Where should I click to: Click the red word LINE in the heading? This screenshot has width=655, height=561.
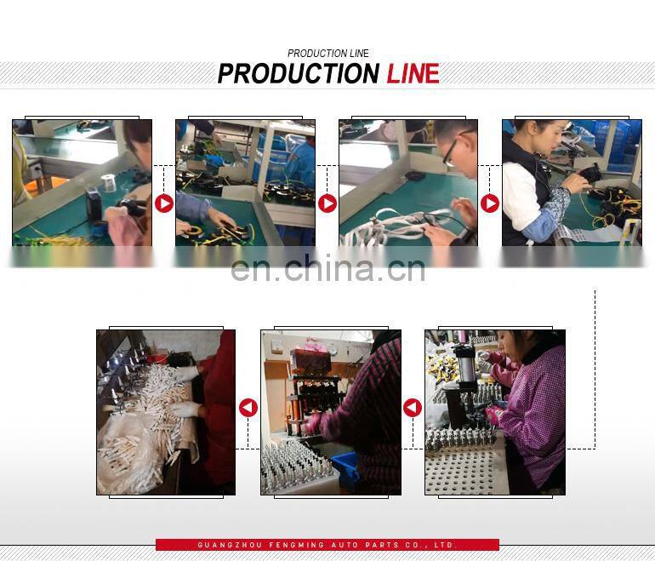click(413, 73)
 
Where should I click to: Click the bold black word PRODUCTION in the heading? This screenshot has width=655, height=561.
click(299, 73)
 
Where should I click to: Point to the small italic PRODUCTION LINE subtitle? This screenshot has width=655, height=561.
click(327, 54)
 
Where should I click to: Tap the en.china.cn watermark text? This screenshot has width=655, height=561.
click(327, 269)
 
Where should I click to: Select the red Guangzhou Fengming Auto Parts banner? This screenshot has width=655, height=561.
click(327, 545)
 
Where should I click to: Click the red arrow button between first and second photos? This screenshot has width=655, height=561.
click(164, 203)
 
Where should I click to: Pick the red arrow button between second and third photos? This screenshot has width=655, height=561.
click(327, 203)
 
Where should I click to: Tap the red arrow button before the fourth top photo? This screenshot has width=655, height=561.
click(490, 203)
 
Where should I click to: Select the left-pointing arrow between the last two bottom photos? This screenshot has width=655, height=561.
click(413, 408)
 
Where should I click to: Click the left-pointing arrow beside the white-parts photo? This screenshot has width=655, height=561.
click(248, 408)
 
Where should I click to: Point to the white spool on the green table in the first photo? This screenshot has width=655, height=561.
click(108, 182)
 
